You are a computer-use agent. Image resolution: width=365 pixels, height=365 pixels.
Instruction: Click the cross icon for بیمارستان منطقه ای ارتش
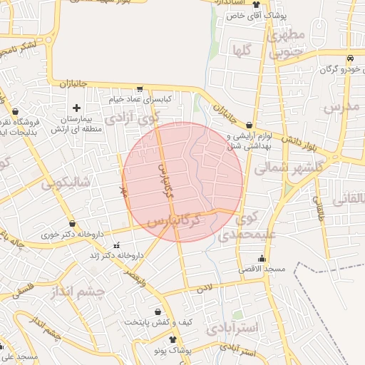(x=77, y=107)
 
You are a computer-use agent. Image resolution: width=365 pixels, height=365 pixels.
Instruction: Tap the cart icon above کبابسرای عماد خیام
(x=139, y=89)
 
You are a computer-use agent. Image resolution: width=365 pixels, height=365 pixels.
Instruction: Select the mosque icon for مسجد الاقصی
(x=262, y=259)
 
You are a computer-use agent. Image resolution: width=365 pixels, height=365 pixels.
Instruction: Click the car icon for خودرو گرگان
(x=349, y=58)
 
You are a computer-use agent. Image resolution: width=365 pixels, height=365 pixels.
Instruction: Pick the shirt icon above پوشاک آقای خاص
(x=256, y=4)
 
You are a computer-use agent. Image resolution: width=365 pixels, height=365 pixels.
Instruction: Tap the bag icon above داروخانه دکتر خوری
(x=71, y=224)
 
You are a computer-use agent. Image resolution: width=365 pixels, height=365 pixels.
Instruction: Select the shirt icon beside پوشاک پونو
(x=173, y=341)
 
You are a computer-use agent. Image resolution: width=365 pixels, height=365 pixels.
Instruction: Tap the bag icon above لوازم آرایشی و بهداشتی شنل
(x=249, y=125)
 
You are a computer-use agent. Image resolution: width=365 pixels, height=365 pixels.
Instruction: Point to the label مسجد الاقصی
(x=262, y=269)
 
